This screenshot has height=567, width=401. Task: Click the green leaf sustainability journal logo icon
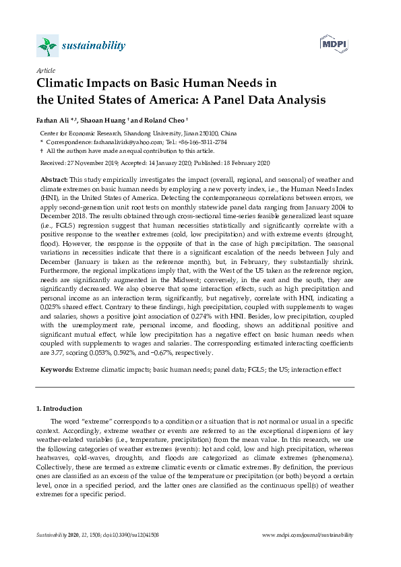pos(45,46)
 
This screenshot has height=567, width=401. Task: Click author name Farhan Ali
pos(53,121)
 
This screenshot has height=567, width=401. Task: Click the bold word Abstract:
pos(55,180)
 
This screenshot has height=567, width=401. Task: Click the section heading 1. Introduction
pos(59,409)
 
